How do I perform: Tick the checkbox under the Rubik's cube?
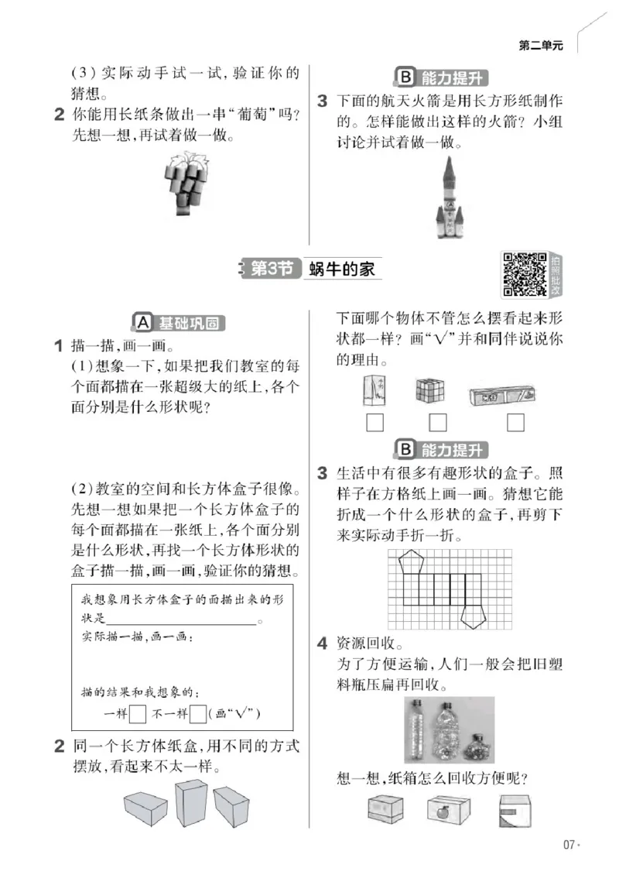coord(438,423)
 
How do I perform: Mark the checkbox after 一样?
coord(138,713)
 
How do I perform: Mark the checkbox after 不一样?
coord(198,713)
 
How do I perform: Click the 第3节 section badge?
coord(271,269)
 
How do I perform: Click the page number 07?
coord(569,845)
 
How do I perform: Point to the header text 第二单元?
coord(541,46)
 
